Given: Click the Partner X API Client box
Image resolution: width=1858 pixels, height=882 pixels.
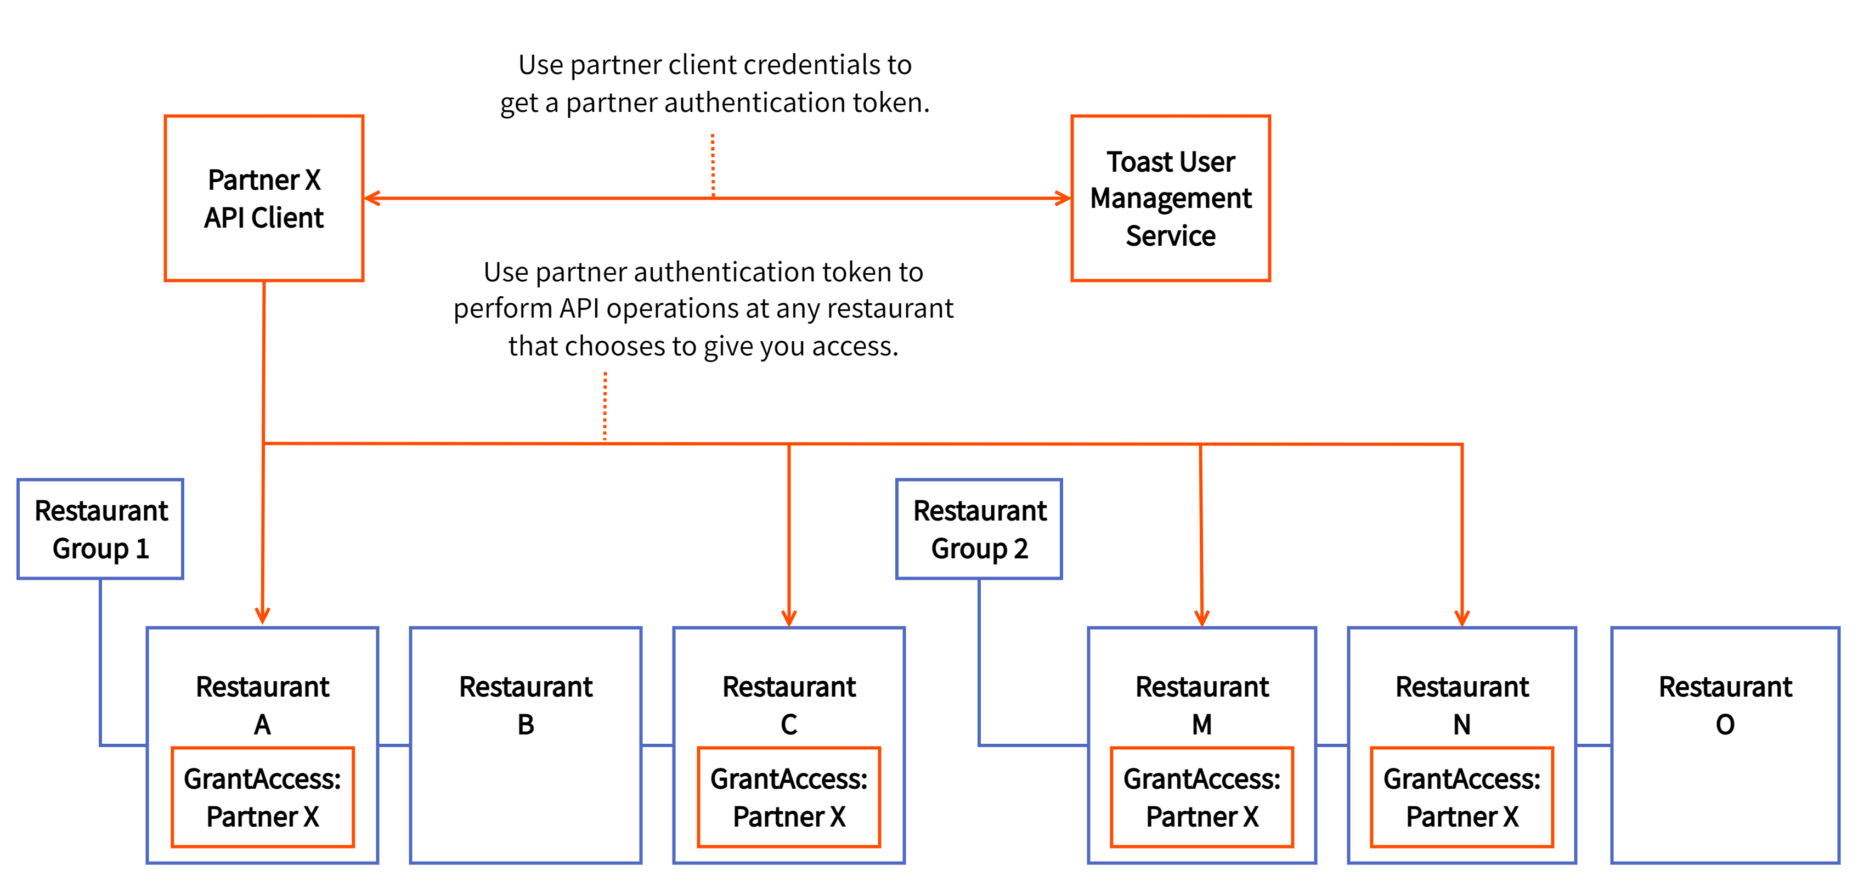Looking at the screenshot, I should (263, 199).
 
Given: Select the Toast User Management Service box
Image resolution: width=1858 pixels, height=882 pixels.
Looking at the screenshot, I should (1170, 199).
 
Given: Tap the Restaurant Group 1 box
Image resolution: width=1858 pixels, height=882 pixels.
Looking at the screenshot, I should (100, 529).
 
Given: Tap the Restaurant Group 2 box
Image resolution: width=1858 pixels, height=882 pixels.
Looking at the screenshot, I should (979, 529).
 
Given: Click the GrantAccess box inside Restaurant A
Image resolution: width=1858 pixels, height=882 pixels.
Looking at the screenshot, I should (263, 797).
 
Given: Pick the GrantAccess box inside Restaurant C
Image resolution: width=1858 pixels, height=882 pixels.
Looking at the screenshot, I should (788, 797).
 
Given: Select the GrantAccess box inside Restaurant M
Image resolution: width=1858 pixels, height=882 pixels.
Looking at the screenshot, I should (1202, 797).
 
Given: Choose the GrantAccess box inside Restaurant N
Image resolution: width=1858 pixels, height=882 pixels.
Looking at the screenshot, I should (1461, 797).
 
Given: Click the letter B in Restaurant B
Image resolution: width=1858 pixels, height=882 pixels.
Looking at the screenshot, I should (526, 725).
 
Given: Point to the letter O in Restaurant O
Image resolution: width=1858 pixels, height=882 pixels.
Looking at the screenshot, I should (1725, 725).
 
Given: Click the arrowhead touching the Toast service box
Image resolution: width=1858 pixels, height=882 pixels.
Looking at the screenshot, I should (1063, 199).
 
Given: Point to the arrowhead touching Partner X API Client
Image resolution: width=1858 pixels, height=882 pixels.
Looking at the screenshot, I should (372, 199).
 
